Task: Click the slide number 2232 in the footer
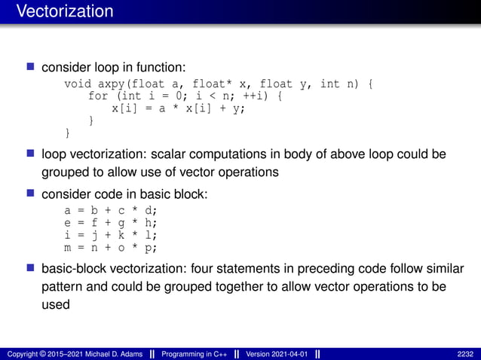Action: [465, 354]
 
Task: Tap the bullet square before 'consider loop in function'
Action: [31, 68]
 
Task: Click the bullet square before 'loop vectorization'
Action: [31, 154]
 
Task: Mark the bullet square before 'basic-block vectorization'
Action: [31, 268]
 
